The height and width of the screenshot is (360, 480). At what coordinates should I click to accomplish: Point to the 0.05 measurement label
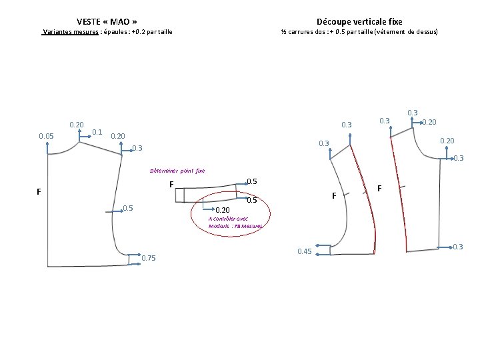point(47,137)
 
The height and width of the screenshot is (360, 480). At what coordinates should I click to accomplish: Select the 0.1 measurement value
point(97,132)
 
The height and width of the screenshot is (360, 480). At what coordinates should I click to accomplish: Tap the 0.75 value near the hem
point(149,259)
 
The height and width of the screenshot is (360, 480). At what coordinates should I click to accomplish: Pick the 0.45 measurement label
point(304,251)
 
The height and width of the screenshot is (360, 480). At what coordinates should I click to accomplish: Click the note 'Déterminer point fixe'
point(177,171)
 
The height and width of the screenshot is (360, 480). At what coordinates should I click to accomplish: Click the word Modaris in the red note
point(219,226)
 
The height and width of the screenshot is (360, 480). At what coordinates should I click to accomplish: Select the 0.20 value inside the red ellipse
point(223,210)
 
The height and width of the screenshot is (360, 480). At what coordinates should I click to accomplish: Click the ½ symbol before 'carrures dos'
point(283,32)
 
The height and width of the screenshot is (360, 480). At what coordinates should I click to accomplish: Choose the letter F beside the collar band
point(171,185)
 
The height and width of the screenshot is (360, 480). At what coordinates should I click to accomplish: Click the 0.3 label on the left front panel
point(137,148)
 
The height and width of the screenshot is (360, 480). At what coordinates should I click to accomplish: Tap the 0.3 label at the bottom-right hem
point(457,247)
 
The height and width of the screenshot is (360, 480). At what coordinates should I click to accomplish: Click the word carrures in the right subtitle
point(301,32)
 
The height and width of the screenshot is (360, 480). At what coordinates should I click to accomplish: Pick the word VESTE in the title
point(89,21)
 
